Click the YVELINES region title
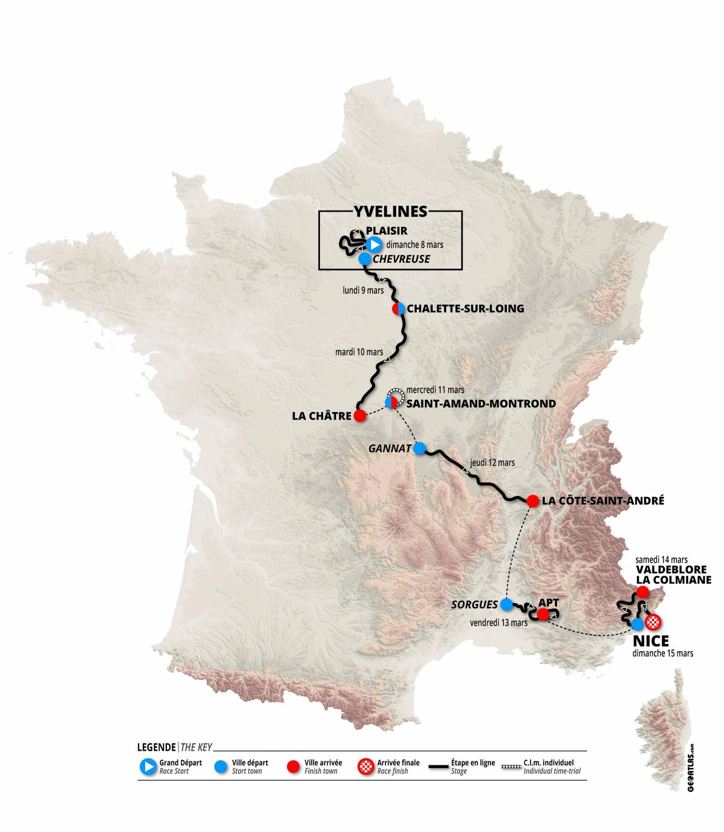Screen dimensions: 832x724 390,211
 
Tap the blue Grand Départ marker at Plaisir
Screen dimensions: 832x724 374,245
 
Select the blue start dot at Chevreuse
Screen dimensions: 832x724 365,259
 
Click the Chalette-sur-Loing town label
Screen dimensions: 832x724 465,309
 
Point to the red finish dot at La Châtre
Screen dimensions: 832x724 360,416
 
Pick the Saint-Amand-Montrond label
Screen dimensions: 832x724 481,404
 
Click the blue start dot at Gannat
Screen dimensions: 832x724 419,448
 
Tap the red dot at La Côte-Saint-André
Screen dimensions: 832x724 532,501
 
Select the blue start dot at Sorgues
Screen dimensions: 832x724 506,605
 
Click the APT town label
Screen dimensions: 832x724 549,603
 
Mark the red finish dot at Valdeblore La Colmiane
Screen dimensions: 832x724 642,592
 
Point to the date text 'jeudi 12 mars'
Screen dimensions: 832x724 492,463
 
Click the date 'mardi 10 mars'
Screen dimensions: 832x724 359,352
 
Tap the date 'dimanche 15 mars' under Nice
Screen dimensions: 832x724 662,653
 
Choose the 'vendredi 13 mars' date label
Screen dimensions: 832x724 498,622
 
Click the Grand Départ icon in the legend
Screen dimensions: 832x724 148,767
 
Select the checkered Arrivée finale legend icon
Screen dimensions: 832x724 366,767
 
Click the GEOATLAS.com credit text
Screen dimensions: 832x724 693,768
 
